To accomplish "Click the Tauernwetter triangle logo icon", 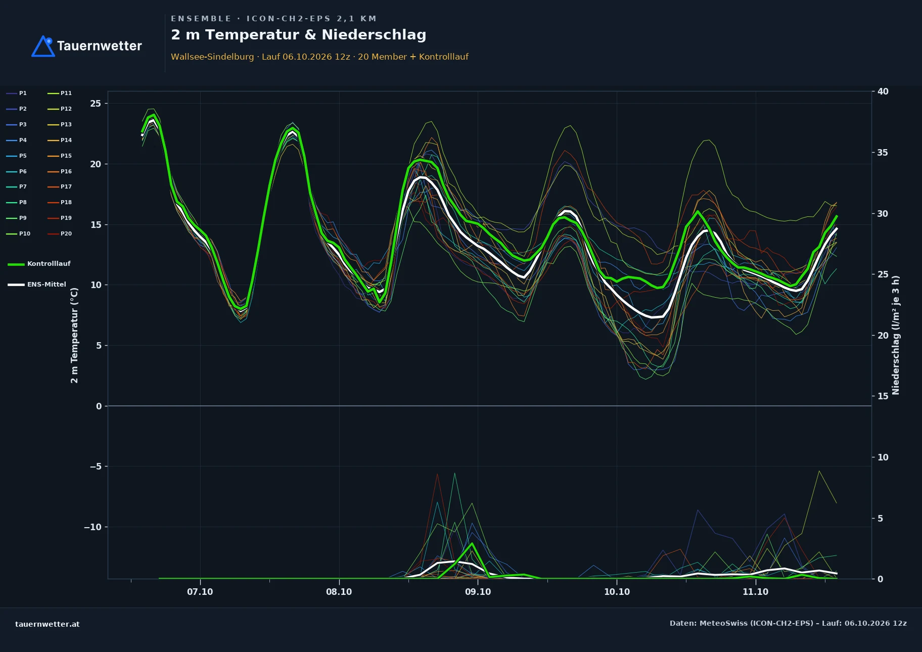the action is coord(43,46).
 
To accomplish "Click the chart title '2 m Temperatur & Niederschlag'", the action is coord(298,35).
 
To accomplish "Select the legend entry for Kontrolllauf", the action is coord(39,264).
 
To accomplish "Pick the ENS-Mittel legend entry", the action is coord(37,285).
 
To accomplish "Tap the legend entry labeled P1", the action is coord(16,94).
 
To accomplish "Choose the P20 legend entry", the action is coord(59,234).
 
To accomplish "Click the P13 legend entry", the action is coord(59,125).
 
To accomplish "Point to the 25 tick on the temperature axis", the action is coord(96,104).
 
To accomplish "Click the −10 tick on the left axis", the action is coord(93,527).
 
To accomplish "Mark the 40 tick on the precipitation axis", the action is coord(883,91).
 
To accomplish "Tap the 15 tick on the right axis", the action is coord(883,396).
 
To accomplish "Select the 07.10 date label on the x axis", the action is coord(200,592).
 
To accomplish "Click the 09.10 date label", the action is coord(478,592).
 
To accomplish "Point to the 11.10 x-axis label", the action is coord(755,592).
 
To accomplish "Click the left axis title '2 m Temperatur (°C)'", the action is coord(74,335).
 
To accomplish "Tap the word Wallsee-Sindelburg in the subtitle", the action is coord(212,57).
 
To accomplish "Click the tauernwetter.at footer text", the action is coord(48,624).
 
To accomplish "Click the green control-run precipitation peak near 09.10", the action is coord(472,543).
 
